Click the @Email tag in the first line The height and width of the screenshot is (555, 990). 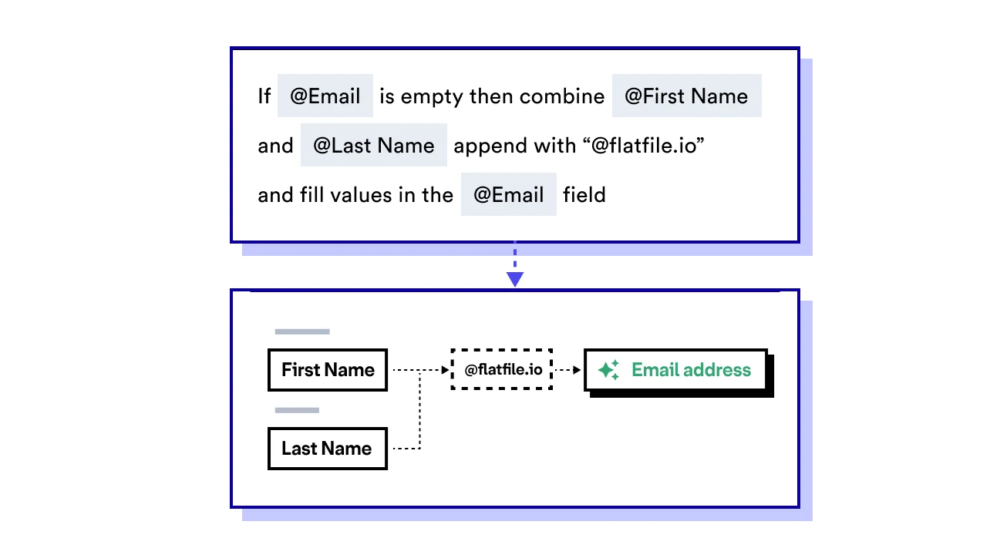(325, 96)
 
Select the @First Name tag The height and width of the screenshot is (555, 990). (686, 96)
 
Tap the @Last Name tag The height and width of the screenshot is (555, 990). (373, 146)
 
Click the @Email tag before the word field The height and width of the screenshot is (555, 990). (508, 195)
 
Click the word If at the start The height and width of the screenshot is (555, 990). (264, 96)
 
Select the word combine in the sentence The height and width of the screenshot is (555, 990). (562, 96)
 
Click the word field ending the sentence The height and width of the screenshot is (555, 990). (584, 195)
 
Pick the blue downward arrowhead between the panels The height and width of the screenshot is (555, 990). (515, 279)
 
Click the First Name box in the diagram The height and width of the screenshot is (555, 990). (328, 370)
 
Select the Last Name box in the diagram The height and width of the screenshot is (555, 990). (327, 449)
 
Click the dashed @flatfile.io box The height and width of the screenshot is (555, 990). (502, 370)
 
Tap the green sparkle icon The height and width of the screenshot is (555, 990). (608, 370)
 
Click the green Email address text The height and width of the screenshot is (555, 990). (691, 370)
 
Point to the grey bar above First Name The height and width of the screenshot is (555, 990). (302, 332)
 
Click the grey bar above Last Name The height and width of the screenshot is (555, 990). (297, 410)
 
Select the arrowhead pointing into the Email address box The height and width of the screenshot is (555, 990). (577, 370)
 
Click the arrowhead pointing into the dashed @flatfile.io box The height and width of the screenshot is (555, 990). (445, 370)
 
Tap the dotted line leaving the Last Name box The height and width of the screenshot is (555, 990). (406, 448)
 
